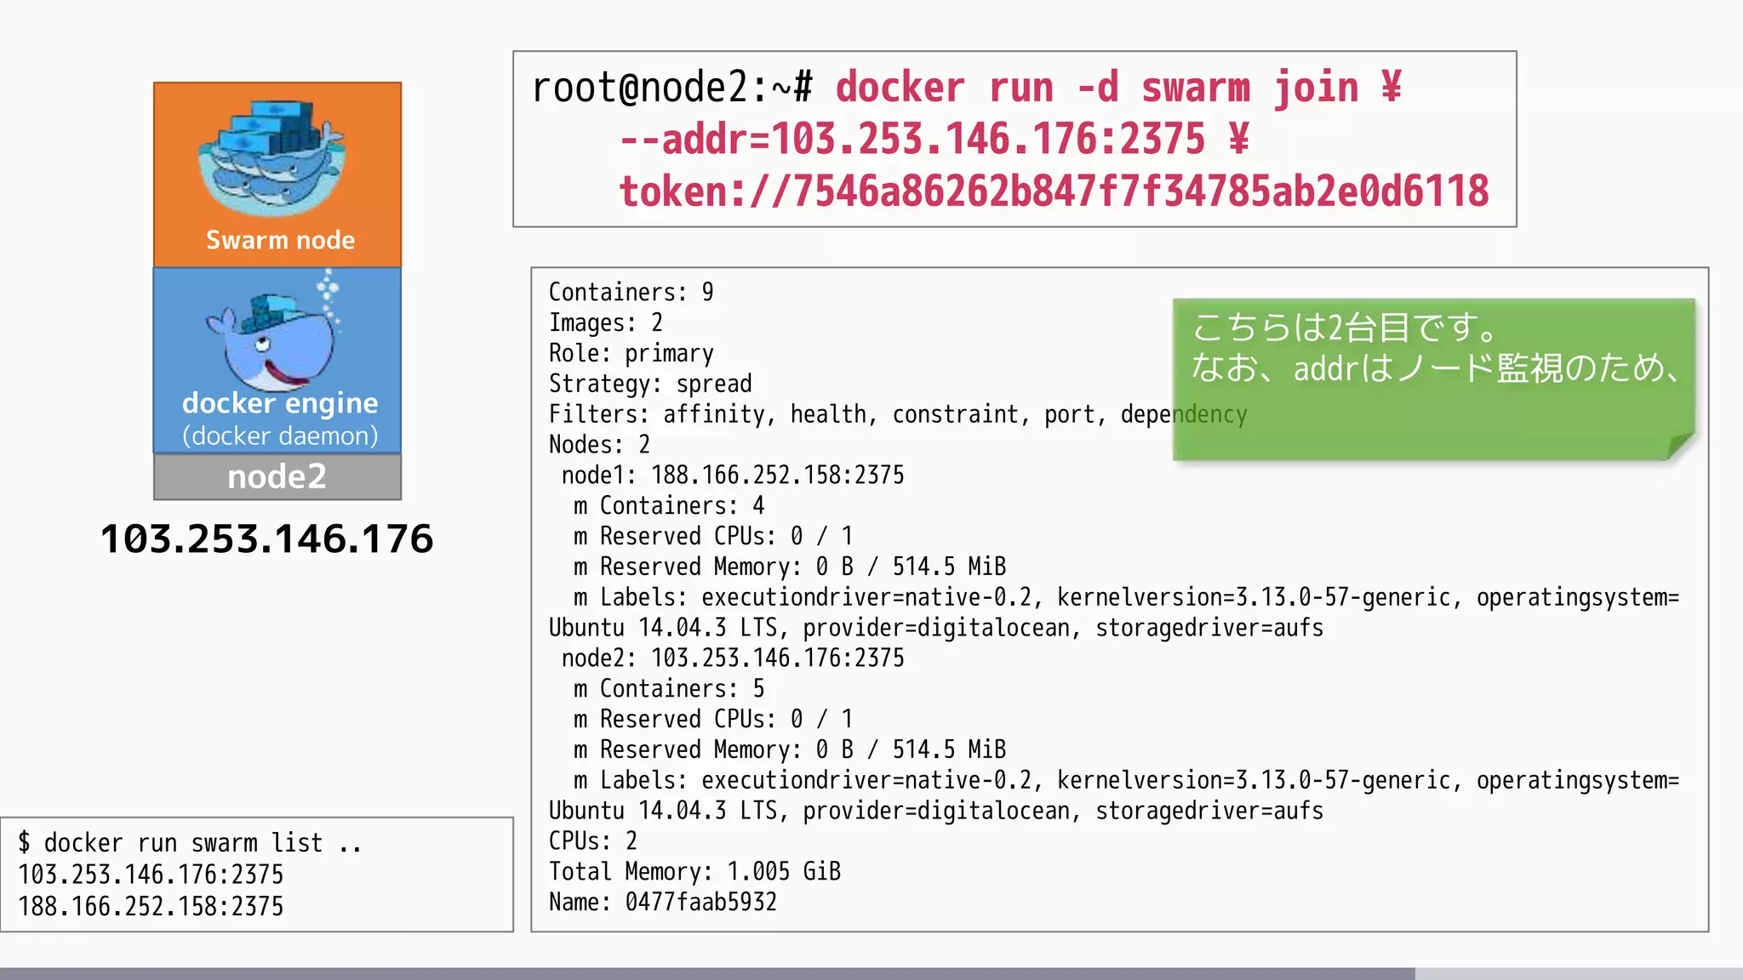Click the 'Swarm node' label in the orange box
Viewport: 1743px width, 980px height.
click(x=280, y=240)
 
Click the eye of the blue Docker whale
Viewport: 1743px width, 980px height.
click(x=262, y=344)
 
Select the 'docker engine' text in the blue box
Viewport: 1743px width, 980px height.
click(x=280, y=402)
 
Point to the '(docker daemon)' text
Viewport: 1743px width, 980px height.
click(x=280, y=436)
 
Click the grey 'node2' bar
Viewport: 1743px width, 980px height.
click(x=277, y=476)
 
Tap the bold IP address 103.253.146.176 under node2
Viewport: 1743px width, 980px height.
click(x=266, y=538)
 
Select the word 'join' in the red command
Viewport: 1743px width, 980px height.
click(x=1316, y=88)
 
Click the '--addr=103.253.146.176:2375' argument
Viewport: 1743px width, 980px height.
click(x=912, y=140)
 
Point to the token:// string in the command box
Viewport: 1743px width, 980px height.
click(x=1054, y=191)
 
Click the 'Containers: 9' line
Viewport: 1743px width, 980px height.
click(x=631, y=292)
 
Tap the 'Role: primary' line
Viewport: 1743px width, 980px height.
click(x=631, y=353)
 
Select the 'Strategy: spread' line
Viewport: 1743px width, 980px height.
click(x=650, y=384)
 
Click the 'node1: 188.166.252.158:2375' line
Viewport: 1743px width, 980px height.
click(x=732, y=475)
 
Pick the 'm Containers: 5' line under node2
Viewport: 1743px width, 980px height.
click(x=669, y=688)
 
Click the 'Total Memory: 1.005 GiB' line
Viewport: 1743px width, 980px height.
click(x=694, y=871)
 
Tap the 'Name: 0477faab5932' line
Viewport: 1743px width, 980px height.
click(x=662, y=902)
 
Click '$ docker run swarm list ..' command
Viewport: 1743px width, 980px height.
click(x=190, y=843)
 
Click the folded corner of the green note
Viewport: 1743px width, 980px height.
click(x=1679, y=445)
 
